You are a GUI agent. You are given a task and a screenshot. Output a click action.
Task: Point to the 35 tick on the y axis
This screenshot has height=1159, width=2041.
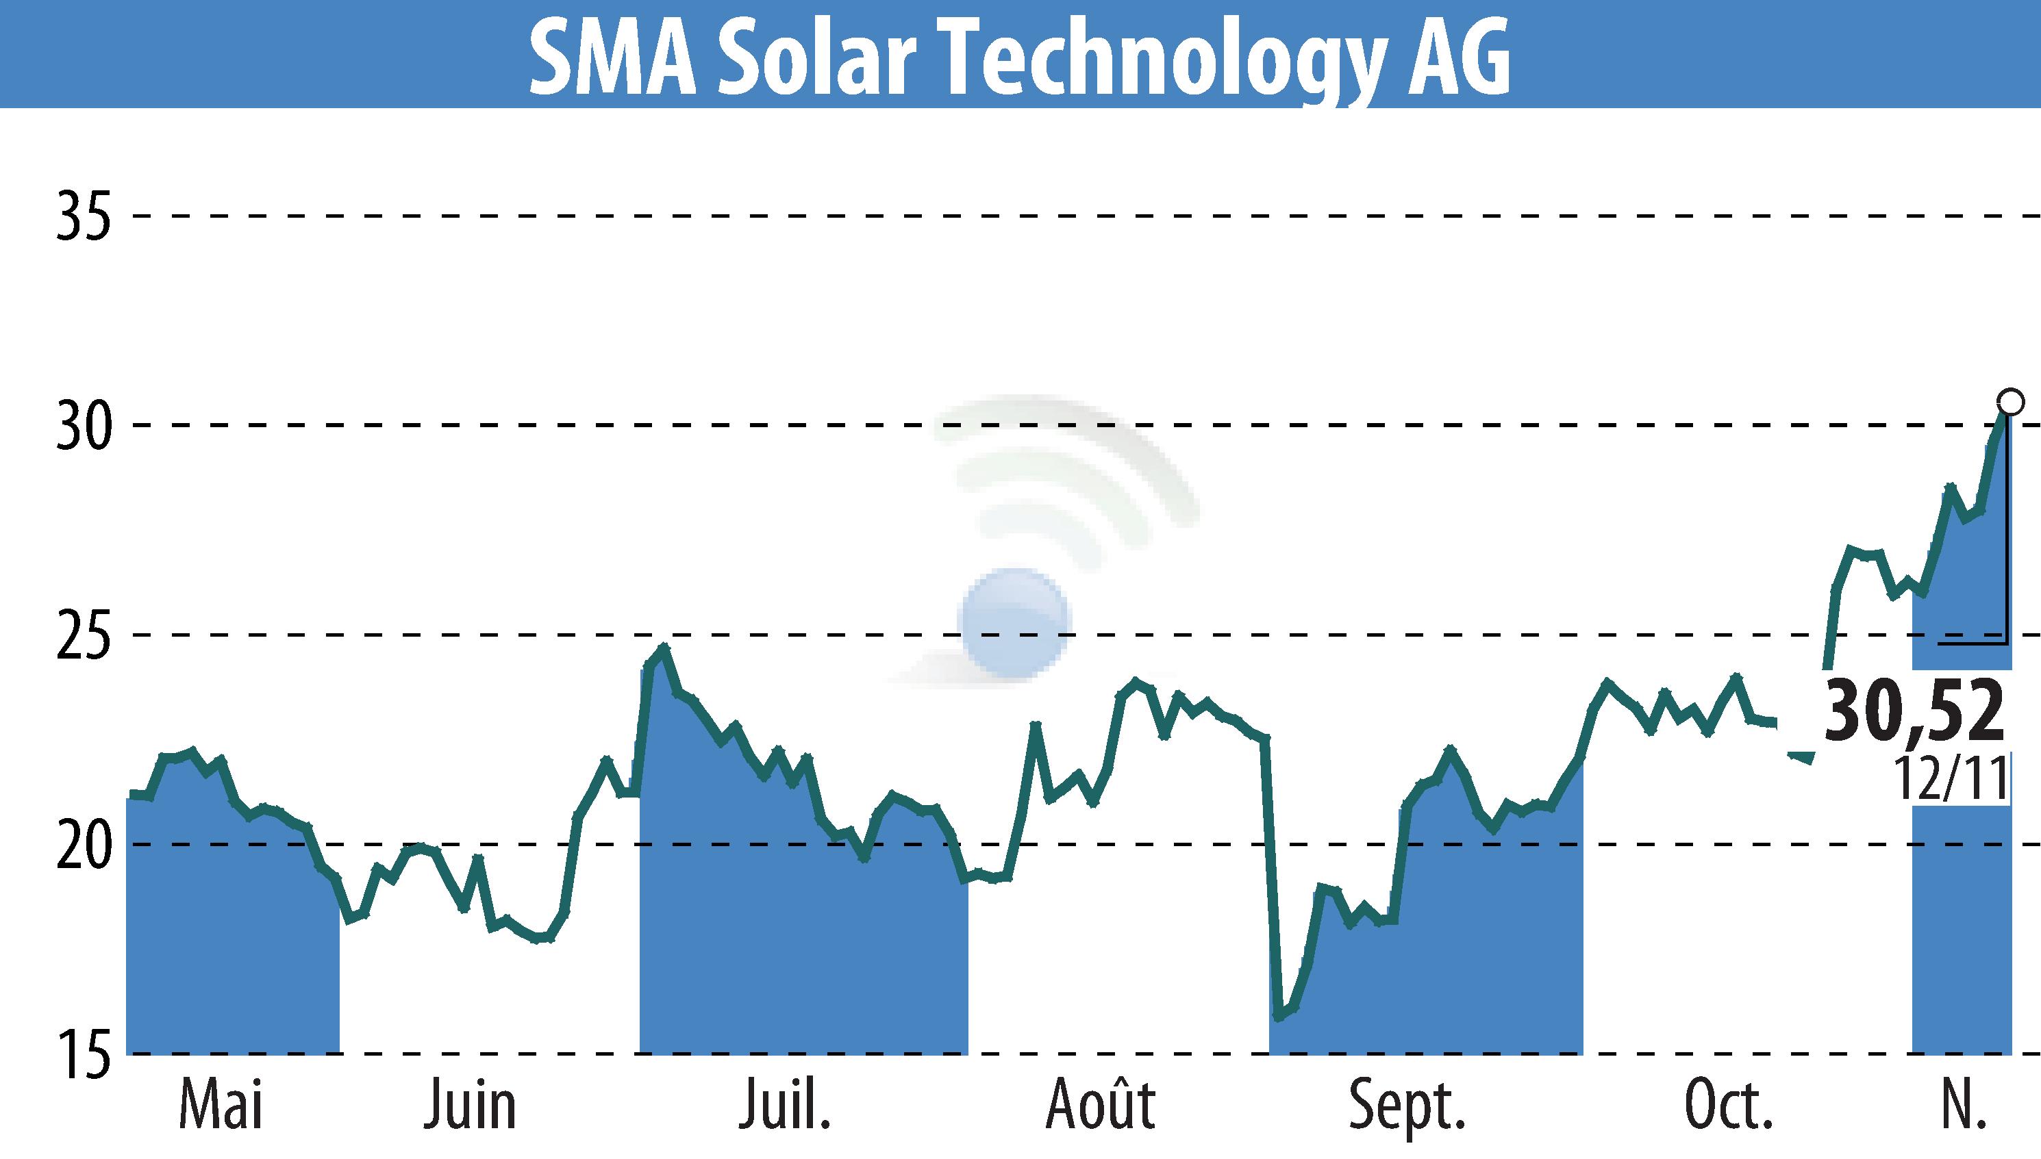83,216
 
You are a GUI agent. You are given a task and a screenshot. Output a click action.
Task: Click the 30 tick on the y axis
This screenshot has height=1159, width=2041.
83,426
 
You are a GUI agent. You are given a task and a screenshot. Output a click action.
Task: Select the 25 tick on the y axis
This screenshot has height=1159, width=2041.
83,635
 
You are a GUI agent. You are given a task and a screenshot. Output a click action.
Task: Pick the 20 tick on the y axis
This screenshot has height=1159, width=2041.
83,845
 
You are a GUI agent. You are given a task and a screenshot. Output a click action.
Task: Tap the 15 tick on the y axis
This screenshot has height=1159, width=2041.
83,1055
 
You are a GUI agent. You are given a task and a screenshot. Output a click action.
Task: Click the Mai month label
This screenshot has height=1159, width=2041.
221,1106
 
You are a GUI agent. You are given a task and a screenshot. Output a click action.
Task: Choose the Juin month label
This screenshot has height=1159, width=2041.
470,1106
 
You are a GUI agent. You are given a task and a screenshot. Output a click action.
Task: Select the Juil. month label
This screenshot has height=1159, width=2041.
785,1106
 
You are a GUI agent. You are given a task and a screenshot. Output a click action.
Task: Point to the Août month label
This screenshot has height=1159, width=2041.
1101,1104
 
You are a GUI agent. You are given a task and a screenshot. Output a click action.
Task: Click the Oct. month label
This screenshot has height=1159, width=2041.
1728,1106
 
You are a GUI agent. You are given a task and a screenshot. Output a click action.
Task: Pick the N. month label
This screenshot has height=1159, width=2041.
1961,1106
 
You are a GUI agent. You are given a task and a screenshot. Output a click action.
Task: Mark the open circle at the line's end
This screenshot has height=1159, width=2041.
2010,402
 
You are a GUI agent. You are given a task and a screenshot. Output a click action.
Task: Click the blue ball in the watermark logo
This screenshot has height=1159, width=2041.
1014,623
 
